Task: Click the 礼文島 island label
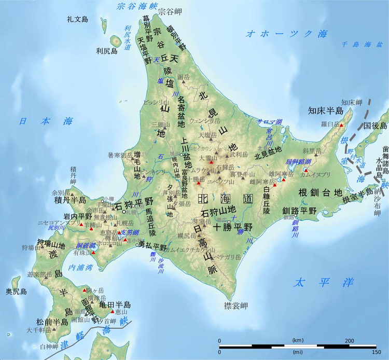coord(78,20)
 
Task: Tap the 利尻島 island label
coord(107,51)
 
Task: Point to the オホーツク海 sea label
coord(287,34)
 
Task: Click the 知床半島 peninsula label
coord(326,110)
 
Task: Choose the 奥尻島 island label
coord(16,292)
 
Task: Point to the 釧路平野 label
coord(299,211)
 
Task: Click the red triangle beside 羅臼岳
coord(342,126)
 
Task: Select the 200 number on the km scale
coord(349,340)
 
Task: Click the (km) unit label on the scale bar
coord(298,340)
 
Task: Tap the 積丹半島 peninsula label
coord(68,201)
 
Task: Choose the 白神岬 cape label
coord(49,346)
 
